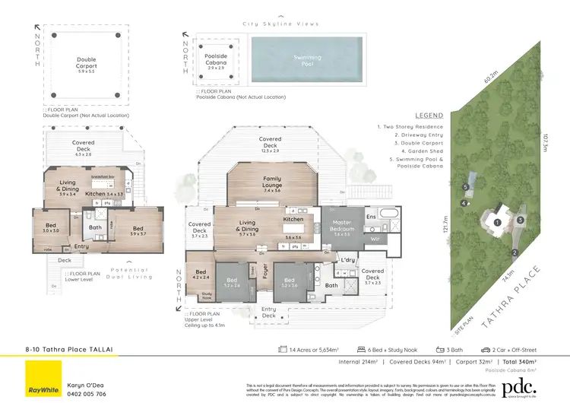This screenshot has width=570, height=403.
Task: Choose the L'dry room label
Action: [x=349, y=261]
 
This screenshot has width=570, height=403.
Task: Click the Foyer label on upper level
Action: [x=265, y=281]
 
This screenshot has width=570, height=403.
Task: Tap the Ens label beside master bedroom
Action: [x=372, y=217]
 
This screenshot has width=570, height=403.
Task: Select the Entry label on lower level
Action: [x=81, y=246]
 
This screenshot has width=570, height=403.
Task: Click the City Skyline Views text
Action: [x=281, y=24]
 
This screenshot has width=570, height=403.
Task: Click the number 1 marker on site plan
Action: [x=496, y=222]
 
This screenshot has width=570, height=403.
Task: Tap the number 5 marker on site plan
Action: [x=464, y=186]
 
